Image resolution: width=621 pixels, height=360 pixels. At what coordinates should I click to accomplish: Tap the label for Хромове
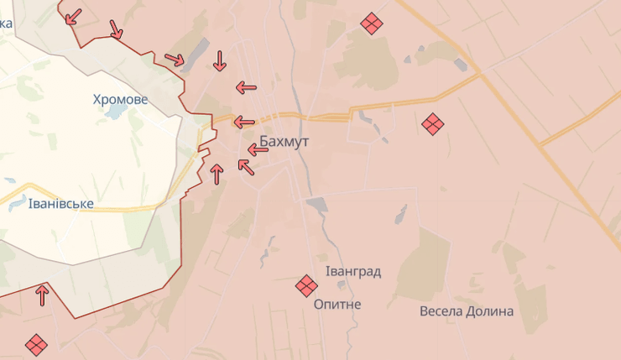click(x=120, y=99)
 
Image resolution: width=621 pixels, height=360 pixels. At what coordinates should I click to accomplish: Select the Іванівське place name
click(x=60, y=204)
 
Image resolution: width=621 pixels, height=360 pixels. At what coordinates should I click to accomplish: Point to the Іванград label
click(x=353, y=271)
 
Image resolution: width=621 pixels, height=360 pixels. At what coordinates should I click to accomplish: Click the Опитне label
click(x=337, y=304)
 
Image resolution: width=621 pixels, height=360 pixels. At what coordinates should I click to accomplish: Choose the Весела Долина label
click(x=467, y=311)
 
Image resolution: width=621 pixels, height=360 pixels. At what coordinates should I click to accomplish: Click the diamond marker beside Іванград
click(x=306, y=287)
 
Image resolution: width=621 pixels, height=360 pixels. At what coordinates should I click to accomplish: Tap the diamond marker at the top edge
click(x=372, y=23)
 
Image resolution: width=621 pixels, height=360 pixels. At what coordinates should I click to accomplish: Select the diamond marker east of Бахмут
click(x=432, y=124)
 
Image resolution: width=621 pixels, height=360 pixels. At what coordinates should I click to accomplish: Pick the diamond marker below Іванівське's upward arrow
click(x=36, y=344)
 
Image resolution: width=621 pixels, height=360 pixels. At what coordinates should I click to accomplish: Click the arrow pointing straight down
click(x=219, y=60)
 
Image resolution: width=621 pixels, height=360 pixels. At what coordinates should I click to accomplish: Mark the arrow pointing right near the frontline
click(x=175, y=60)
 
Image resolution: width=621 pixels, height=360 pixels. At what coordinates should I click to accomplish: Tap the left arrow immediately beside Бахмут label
click(x=258, y=150)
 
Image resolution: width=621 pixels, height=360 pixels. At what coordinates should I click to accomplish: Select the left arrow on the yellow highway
click(x=244, y=123)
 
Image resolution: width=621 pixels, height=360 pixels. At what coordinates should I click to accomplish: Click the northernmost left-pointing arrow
click(x=246, y=86)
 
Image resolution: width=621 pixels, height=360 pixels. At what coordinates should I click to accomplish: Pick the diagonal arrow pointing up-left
click(x=246, y=166)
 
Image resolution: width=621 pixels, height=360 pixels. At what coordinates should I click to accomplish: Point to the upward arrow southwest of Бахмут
click(x=217, y=174)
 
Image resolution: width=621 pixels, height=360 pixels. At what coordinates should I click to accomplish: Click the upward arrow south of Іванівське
click(x=41, y=295)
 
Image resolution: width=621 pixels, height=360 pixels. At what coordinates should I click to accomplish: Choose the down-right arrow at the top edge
click(x=116, y=29)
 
